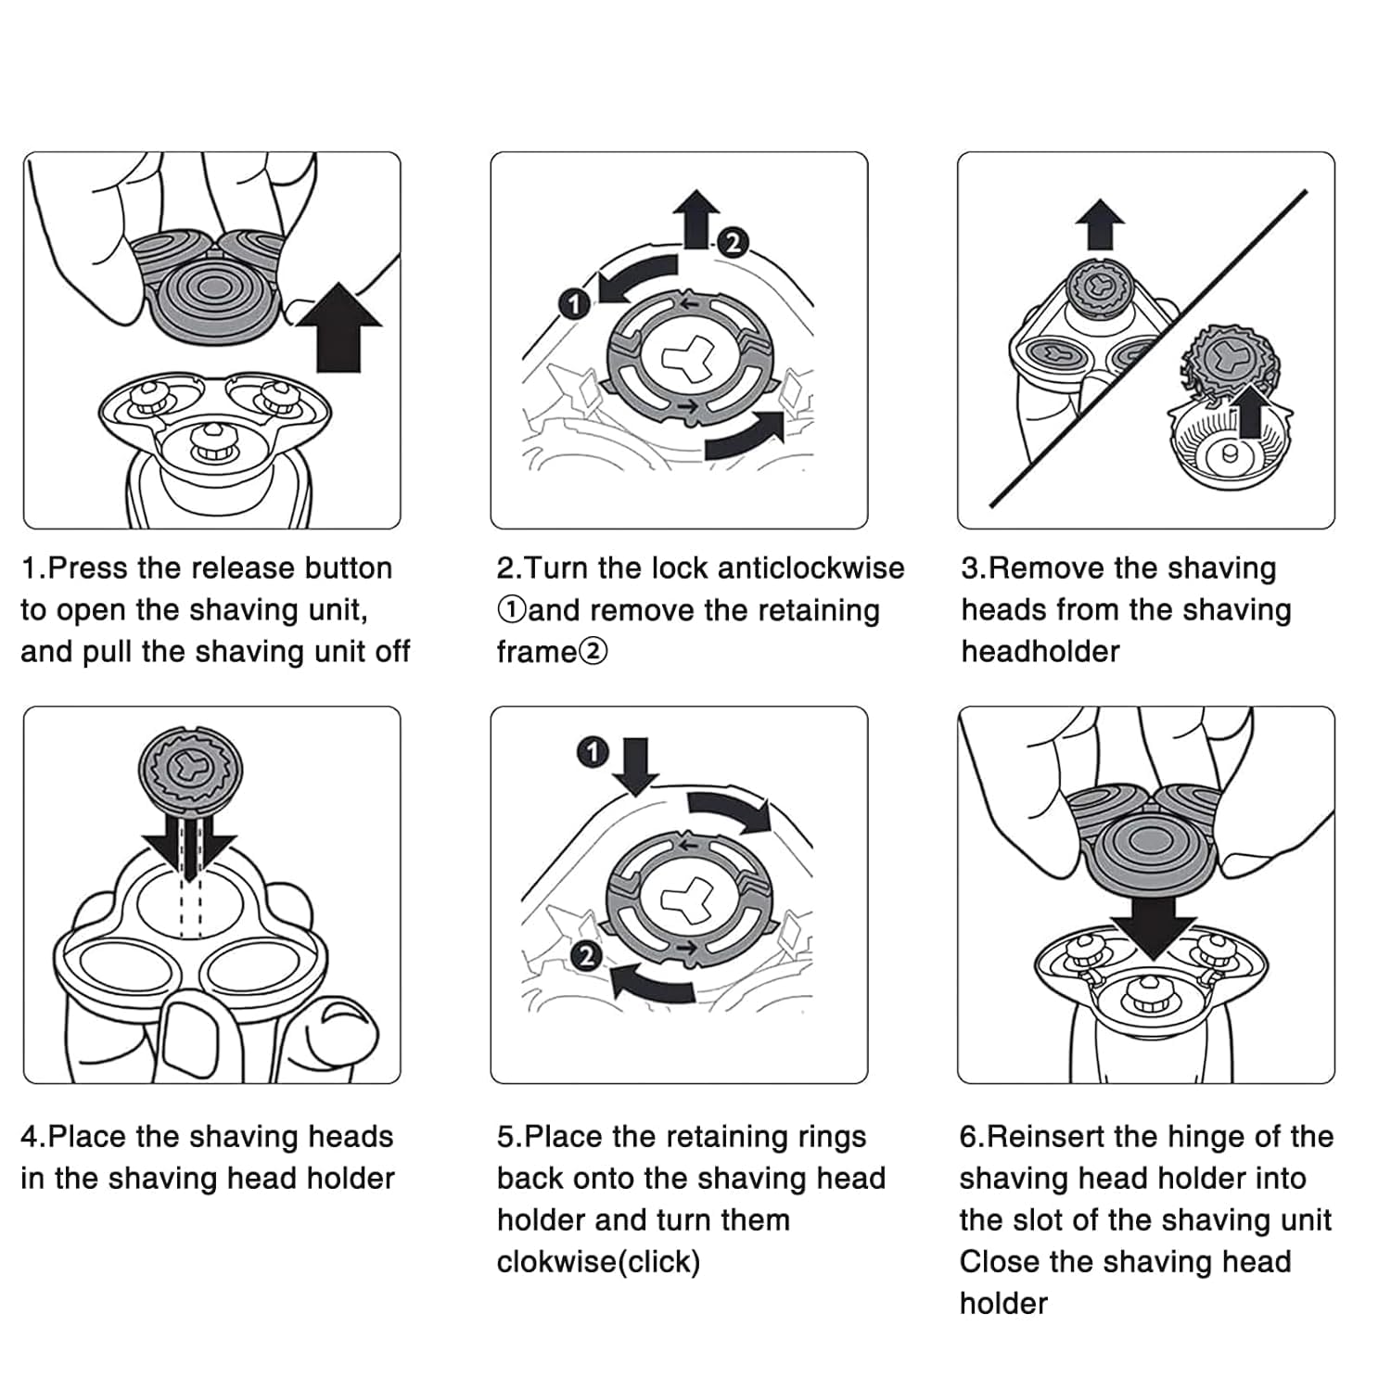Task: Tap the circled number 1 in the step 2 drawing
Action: [x=575, y=303]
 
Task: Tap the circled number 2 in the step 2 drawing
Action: [x=733, y=243]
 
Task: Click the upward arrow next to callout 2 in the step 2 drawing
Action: [x=696, y=218]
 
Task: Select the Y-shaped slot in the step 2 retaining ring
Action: [x=685, y=358]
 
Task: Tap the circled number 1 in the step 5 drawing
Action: [x=593, y=752]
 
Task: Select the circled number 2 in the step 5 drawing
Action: [x=586, y=955]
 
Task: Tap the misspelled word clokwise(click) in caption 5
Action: [x=598, y=1262]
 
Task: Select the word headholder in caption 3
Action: [x=1040, y=651]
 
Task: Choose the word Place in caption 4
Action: [x=90, y=1137]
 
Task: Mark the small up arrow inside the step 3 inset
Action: [x=1249, y=412]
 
